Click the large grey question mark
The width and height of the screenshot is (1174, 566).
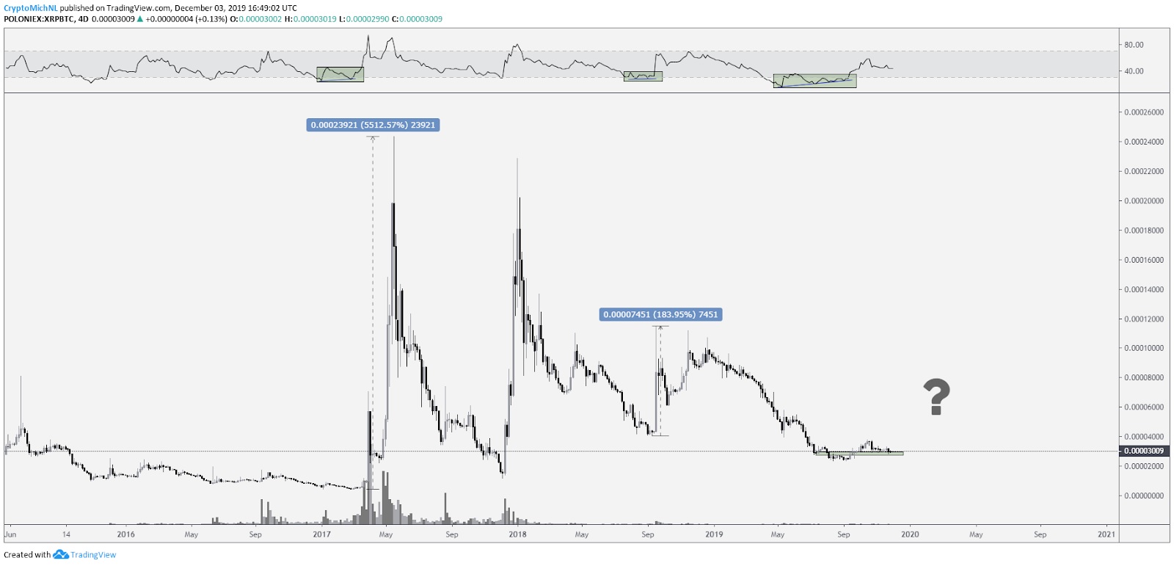(936, 397)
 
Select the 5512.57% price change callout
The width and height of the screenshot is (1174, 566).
(373, 125)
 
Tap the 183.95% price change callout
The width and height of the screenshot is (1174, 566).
(660, 314)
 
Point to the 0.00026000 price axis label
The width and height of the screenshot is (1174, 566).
(1143, 112)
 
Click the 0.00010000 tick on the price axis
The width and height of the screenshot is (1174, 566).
(1143, 348)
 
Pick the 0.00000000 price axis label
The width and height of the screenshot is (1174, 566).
(1143, 496)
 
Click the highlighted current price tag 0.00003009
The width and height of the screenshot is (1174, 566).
(1144, 451)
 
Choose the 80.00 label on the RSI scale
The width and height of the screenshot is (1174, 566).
(1134, 45)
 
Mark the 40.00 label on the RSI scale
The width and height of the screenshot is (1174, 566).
(1134, 71)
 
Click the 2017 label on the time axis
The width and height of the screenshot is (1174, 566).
(321, 534)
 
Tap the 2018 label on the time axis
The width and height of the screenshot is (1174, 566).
(517, 534)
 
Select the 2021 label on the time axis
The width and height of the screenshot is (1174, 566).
(1106, 534)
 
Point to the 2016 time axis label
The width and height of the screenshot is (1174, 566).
(125, 534)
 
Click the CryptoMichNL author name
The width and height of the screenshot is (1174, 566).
(30, 8)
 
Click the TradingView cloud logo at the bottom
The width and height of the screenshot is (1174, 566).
(60, 554)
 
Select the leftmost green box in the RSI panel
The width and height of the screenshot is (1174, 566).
(340, 74)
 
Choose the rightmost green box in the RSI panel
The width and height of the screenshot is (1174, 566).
(814, 80)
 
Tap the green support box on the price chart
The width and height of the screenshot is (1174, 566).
(858, 453)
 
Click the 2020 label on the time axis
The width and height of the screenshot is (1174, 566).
(910, 534)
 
